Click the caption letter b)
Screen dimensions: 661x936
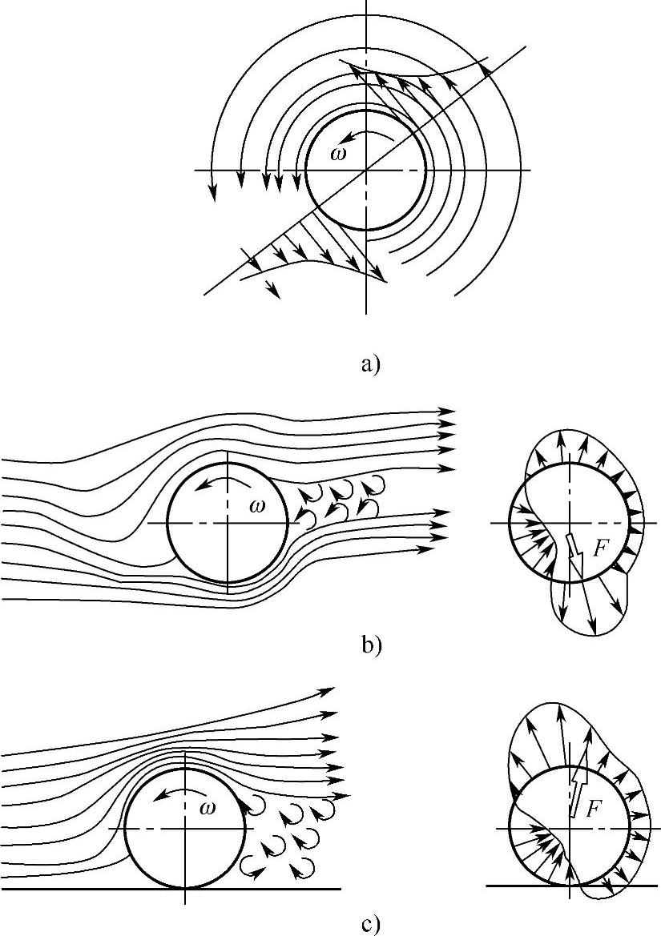(x=370, y=645)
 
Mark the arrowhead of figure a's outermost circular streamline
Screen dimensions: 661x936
(x=213, y=191)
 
